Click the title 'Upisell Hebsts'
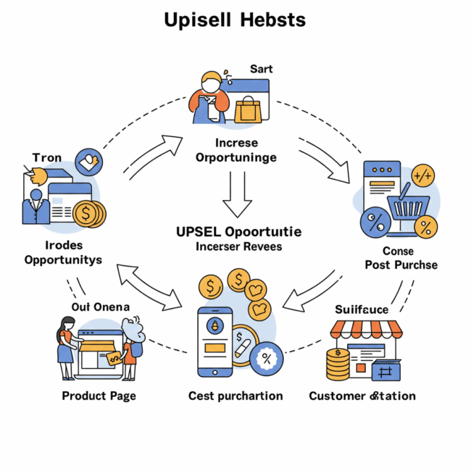(x=236, y=19)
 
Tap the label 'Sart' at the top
(x=262, y=69)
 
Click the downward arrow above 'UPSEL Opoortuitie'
(x=237, y=194)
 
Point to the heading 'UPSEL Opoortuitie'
(x=239, y=232)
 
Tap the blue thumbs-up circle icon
(x=89, y=161)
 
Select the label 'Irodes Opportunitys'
(x=63, y=252)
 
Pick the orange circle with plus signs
(x=423, y=176)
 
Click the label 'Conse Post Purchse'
(x=401, y=257)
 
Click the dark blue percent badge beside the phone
(x=267, y=357)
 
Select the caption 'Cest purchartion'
(x=235, y=396)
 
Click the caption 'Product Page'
(x=99, y=396)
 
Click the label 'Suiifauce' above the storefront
(x=362, y=309)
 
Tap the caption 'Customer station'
(x=362, y=396)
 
